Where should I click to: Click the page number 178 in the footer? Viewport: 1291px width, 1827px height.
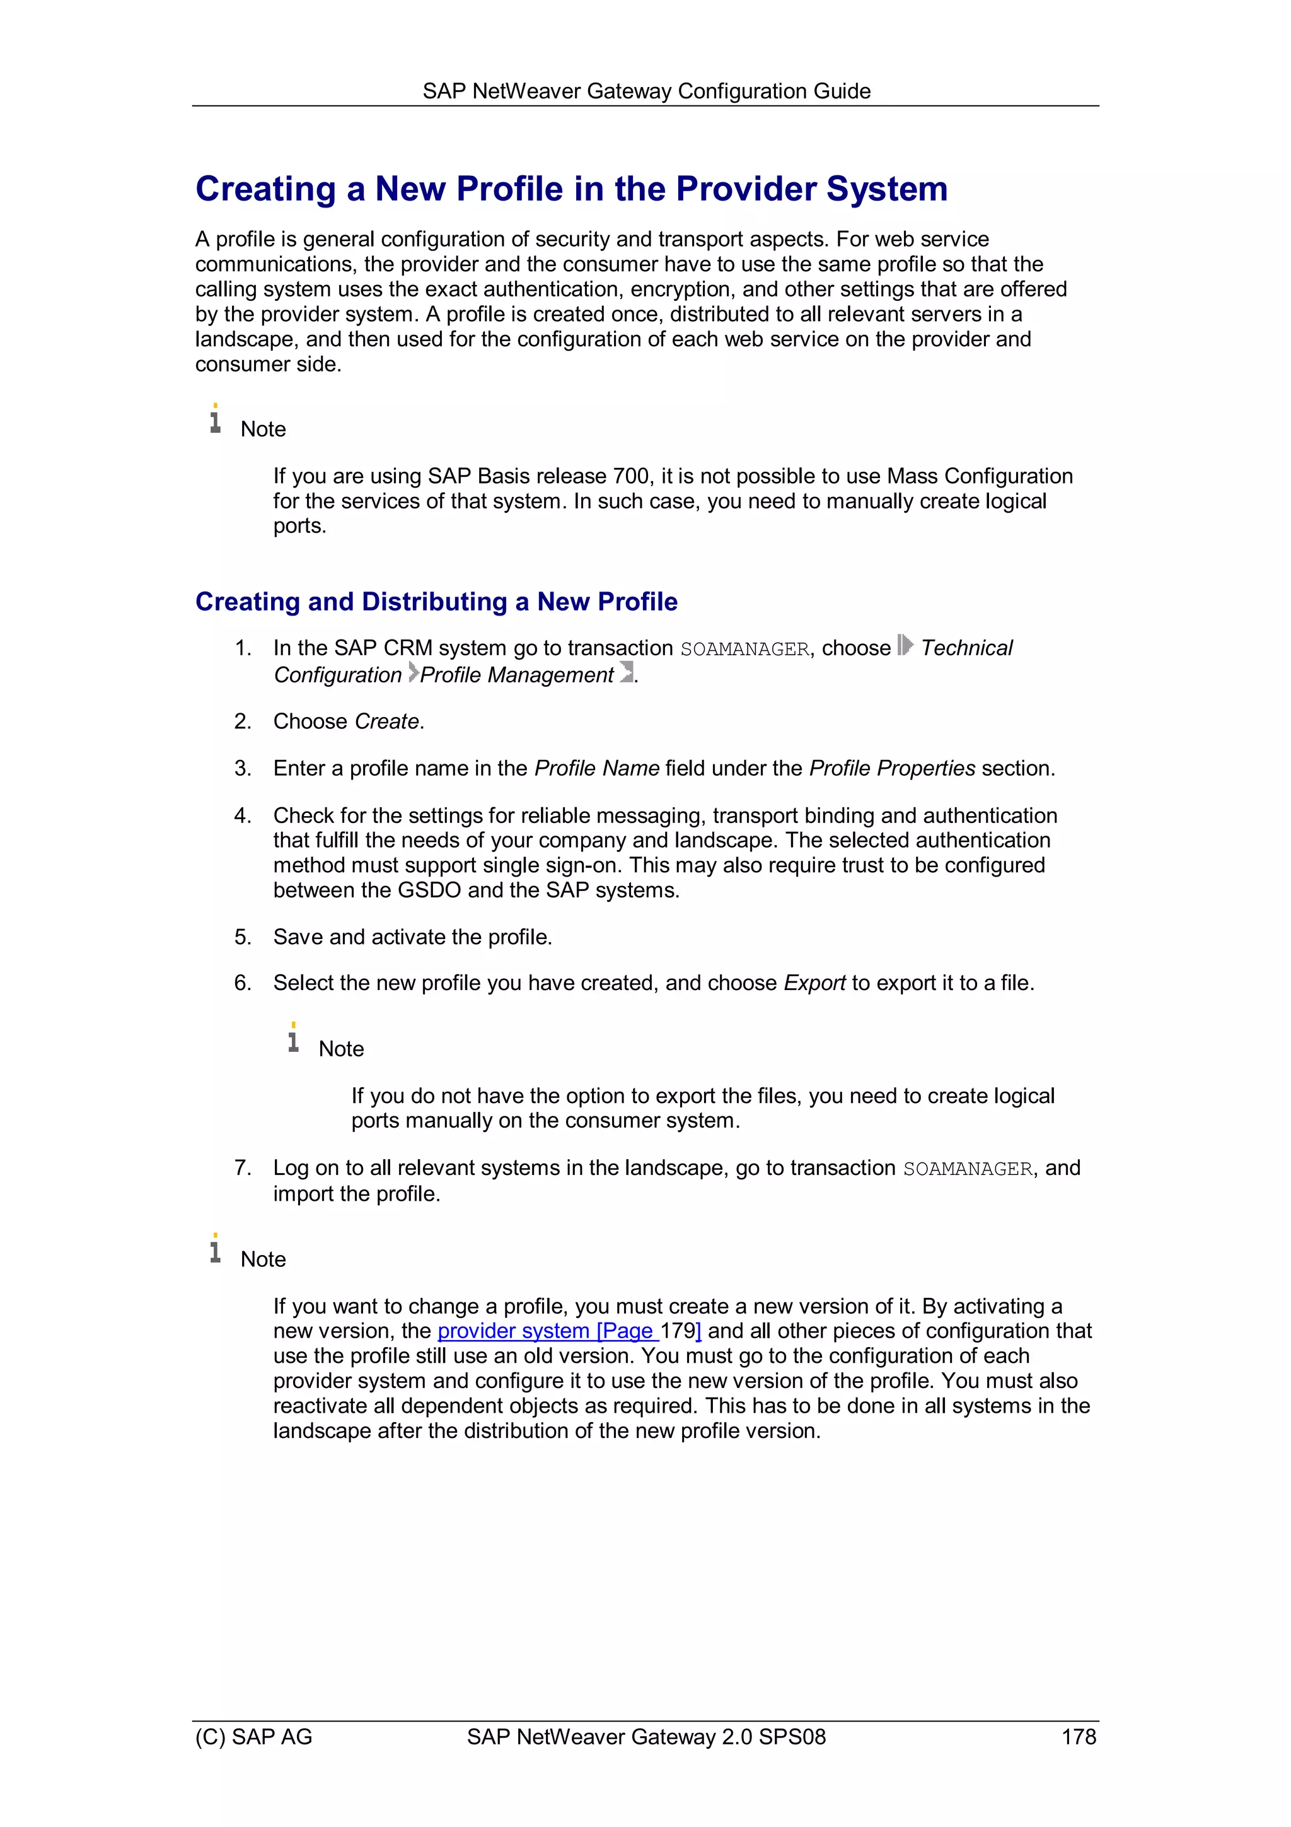1078,1736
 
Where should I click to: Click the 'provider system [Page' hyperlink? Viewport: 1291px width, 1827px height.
547,1331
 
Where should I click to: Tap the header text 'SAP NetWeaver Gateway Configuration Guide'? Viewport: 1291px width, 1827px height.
646,91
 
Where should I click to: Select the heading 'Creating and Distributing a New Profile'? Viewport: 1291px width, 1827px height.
436,602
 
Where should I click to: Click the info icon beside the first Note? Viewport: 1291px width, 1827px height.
215,419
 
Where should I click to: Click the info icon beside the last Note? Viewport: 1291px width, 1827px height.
215,1249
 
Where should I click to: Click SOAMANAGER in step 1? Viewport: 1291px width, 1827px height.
744,650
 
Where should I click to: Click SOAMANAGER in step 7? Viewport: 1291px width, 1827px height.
967,1169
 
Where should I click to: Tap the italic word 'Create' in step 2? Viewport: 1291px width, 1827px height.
386,721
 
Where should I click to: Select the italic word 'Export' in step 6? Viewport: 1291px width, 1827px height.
814,984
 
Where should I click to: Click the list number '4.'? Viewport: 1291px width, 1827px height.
243,815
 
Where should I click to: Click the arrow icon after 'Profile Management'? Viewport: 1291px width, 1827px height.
627,672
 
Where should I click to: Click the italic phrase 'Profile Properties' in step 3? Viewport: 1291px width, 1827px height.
892,769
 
